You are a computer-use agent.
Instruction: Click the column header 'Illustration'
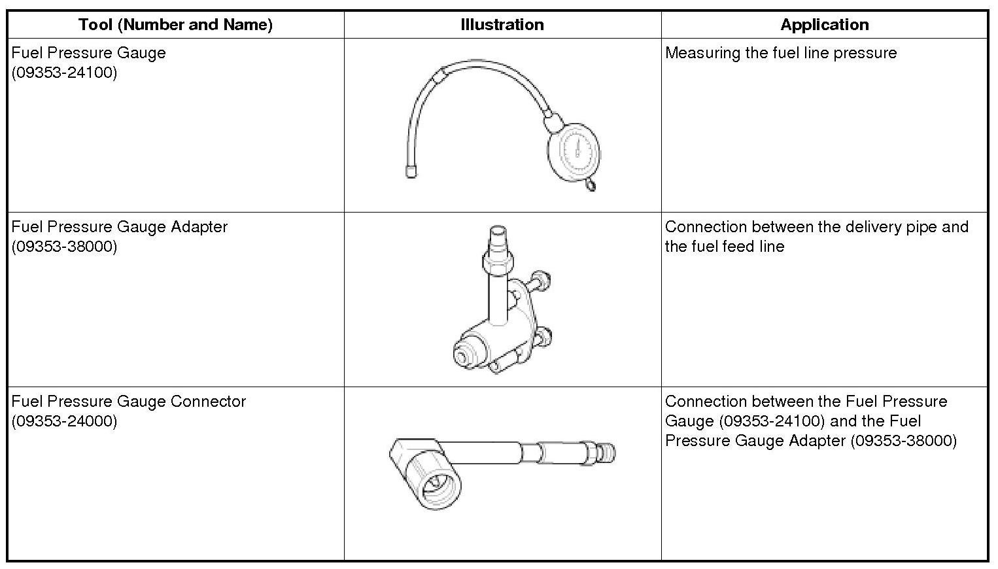click(502, 24)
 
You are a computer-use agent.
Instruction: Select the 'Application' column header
click(825, 24)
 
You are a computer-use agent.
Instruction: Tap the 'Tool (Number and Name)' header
click(175, 24)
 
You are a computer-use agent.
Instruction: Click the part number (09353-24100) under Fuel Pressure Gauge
click(64, 73)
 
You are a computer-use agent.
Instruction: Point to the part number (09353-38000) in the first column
click(64, 247)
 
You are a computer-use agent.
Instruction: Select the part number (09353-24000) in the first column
click(64, 421)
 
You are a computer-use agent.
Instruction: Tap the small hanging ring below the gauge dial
click(591, 184)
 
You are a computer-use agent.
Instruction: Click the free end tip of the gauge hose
click(411, 172)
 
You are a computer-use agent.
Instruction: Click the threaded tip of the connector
click(607, 454)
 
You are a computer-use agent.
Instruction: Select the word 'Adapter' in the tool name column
click(199, 228)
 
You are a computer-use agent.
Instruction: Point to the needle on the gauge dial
click(577, 148)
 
